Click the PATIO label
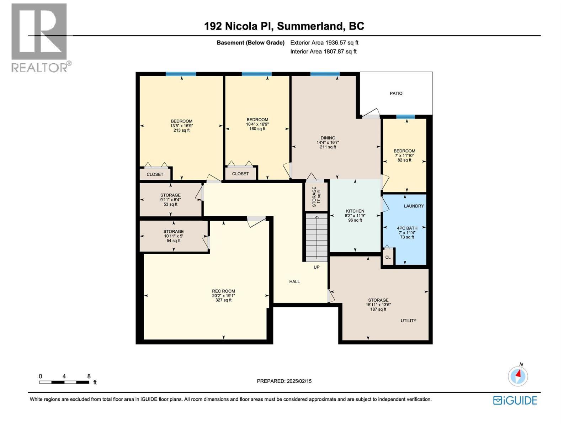tap(396, 93)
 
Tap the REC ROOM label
tap(223, 291)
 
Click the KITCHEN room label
tap(355, 211)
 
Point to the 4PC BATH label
tap(407, 228)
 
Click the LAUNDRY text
tap(414, 206)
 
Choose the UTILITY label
tap(408, 321)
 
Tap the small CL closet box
tap(388, 257)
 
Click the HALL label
tap(294, 281)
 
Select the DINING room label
tap(328, 138)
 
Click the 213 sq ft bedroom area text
tap(181, 130)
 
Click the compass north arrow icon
tap(518, 376)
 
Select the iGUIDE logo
tap(515, 400)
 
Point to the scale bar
tap(64, 382)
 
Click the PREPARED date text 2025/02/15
tap(284, 381)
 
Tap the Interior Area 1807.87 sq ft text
tap(323, 52)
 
